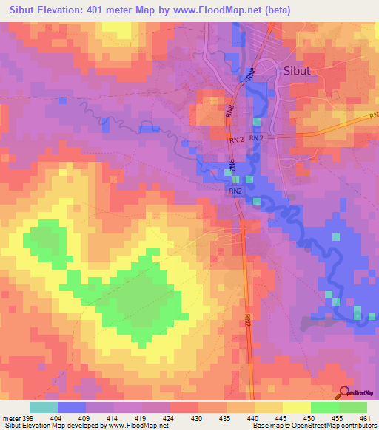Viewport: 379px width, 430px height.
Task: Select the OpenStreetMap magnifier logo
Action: [x=344, y=392]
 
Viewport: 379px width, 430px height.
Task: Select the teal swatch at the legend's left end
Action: [x=44, y=407]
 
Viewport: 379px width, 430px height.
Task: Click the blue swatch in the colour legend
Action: [x=72, y=407]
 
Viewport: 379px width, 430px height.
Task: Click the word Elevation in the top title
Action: [x=63, y=10]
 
